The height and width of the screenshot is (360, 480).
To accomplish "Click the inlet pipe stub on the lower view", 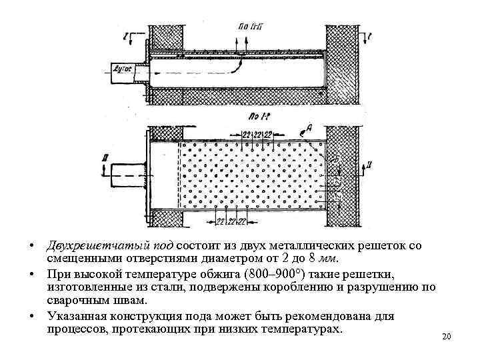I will pyautogui.click(x=125, y=174).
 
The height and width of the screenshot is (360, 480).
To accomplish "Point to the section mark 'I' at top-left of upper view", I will pyautogui.click(x=117, y=33).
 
